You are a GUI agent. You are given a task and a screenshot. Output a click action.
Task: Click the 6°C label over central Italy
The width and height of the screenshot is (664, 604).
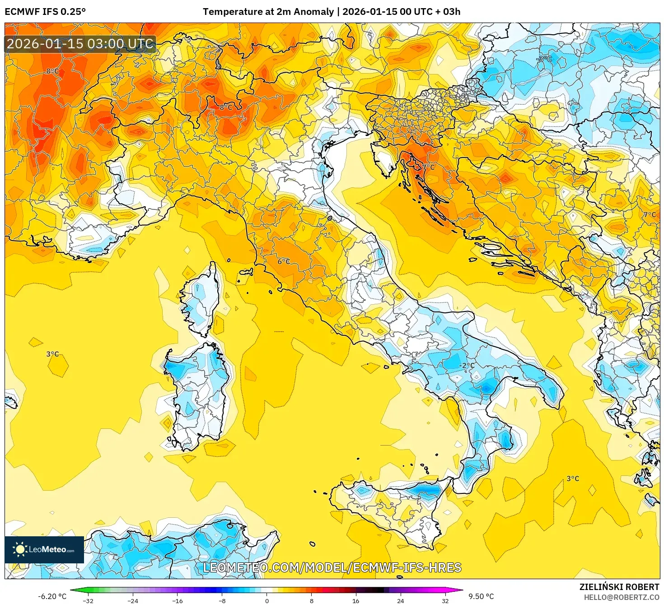284,262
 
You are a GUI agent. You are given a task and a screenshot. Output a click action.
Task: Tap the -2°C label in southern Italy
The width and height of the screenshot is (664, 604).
467,365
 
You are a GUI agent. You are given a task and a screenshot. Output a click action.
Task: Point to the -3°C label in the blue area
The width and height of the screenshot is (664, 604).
544,59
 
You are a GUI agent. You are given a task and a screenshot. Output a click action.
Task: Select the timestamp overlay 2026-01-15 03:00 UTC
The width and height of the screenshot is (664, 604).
80,44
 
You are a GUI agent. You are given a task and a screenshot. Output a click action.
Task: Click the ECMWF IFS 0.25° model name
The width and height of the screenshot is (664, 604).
45,12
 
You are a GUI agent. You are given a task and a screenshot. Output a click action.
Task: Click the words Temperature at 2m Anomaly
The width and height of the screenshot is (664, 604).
268,12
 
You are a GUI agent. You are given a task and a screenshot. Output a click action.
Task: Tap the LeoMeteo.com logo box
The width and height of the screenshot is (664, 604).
44,549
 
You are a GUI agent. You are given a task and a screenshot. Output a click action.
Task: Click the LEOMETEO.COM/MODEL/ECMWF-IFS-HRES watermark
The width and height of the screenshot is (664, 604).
332,567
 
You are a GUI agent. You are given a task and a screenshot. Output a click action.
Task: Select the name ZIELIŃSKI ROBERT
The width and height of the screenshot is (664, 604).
619,587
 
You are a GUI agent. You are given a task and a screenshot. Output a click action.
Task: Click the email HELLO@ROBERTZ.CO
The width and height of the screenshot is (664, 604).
621,597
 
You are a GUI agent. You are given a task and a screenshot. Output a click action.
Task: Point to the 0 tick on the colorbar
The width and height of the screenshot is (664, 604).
267,600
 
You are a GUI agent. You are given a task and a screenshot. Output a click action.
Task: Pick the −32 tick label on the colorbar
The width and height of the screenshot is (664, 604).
88,600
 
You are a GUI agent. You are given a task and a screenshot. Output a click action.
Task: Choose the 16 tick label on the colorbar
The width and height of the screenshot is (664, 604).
356,600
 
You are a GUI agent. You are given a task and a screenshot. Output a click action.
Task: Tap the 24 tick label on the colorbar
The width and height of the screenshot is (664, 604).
400,600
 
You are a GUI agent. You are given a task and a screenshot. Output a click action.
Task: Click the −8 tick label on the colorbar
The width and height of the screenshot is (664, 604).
222,600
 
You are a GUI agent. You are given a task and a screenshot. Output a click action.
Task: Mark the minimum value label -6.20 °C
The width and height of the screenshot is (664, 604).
52,596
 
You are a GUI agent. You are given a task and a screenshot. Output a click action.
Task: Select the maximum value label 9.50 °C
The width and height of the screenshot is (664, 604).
481,596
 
